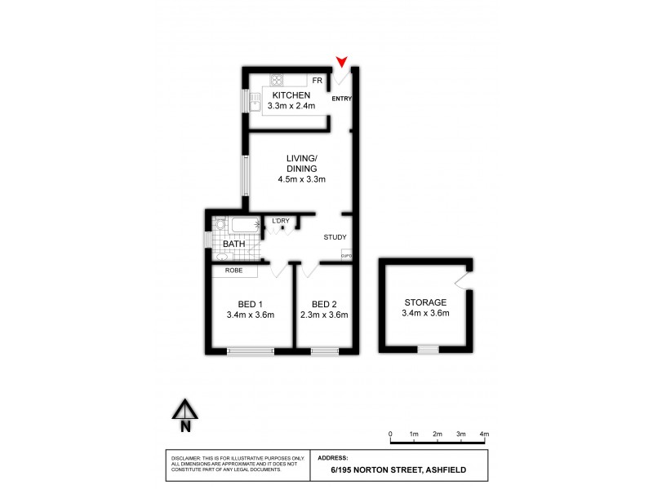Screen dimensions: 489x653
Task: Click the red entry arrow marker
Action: (341, 61)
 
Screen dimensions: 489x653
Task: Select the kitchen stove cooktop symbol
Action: (277, 80)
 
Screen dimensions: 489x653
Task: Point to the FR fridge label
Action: (318, 81)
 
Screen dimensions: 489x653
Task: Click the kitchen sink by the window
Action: (255, 101)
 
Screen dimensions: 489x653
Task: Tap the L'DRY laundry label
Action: (280, 220)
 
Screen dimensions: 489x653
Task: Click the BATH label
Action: (233, 244)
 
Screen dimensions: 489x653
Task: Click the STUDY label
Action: (335, 238)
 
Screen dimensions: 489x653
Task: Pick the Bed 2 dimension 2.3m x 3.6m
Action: (324, 315)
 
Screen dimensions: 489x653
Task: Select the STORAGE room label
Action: (424, 302)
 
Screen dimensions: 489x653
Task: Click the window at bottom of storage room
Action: (428, 350)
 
